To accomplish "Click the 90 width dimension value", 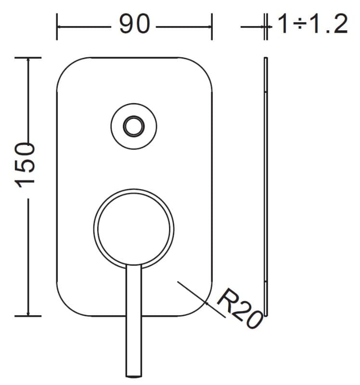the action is (134, 24).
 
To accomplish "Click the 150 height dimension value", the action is (25, 165).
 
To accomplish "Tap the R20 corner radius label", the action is (240, 308).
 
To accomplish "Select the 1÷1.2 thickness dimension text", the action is (313, 24).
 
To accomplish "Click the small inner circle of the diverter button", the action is (134, 127).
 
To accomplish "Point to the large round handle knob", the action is (134, 228).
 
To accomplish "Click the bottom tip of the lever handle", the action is (134, 376).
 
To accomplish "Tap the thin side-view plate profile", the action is (266, 187).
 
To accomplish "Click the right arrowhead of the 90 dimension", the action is (209, 27).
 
